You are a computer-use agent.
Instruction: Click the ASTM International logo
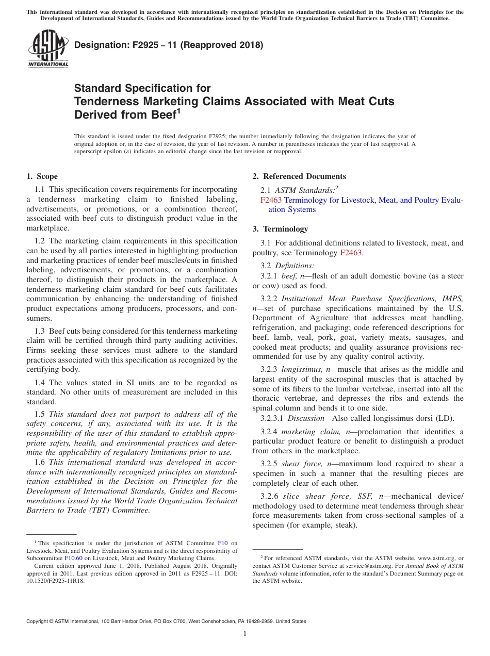(x=48, y=50)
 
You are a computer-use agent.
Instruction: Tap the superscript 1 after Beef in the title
(x=178, y=110)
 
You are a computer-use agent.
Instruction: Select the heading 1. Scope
(x=42, y=176)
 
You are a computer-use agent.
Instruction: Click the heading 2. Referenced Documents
(x=299, y=176)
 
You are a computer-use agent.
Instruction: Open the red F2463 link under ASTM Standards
(x=271, y=200)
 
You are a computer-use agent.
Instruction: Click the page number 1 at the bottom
(x=245, y=634)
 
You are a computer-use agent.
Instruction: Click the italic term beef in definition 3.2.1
(x=289, y=276)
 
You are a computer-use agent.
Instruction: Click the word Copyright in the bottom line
(x=40, y=621)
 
